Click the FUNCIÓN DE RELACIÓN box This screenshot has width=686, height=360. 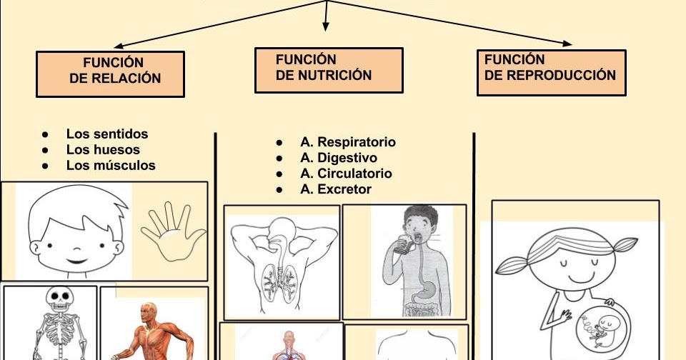[x=110, y=74]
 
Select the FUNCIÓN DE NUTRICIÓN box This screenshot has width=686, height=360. [x=329, y=70]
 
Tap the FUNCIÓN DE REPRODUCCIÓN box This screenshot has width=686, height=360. [x=551, y=72]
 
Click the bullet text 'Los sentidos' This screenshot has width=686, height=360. [x=107, y=134]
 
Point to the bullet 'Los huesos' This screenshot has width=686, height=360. [x=103, y=149]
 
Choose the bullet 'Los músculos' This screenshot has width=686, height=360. [x=111, y=165]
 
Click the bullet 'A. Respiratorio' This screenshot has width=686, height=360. [x=347, y=142]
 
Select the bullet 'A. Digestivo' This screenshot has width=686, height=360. [x=339, y=158]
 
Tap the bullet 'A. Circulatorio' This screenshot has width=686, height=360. [x=346, y=174]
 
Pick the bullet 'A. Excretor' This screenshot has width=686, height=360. [x=336, y=189]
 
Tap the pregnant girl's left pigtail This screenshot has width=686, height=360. [x=514, y=265]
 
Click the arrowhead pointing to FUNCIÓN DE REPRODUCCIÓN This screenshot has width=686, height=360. [x=567, y=44]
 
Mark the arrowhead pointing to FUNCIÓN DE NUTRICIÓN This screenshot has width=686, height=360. [x=326, y=26]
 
